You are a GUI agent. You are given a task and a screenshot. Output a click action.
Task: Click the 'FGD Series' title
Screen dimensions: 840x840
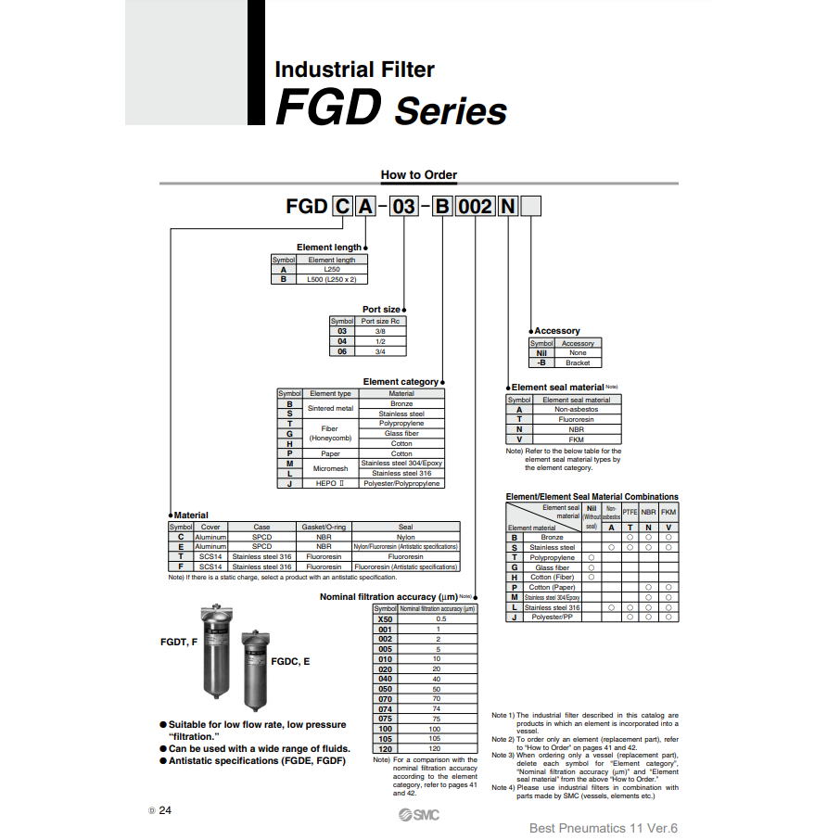coord(391,110)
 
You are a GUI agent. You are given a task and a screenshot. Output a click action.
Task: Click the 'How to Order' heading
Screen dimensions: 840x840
coord(419,174)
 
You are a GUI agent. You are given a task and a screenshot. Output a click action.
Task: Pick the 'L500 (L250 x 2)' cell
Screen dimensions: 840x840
coord(331,278)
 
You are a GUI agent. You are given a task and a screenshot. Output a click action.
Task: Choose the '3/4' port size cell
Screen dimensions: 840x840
coord(380,351)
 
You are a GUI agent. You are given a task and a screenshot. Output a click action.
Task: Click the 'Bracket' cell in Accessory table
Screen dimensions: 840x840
coord(578,363)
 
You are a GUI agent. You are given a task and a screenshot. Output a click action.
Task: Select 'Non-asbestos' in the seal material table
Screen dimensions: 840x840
coord(576,409)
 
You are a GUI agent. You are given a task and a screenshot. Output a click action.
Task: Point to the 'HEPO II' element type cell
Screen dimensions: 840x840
coord(330,483)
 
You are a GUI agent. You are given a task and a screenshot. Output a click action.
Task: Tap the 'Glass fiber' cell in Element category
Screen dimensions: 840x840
coord(401,433)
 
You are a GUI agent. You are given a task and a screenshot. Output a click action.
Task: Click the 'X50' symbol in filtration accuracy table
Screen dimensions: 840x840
coord(385,618)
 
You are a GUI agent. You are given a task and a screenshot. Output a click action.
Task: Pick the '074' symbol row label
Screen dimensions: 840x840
coord(385,709)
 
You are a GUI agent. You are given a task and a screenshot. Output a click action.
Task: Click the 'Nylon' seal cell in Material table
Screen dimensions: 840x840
coord(405,537)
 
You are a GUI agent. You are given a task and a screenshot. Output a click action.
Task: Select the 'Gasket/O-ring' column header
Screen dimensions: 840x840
coord(324,527)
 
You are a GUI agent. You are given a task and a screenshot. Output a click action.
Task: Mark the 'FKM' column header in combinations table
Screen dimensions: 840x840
coord(668,512)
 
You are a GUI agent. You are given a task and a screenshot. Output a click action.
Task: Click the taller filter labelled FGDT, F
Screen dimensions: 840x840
coord(218,654)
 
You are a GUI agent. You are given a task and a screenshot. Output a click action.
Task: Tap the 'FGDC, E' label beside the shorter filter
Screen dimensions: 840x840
coord(290,661)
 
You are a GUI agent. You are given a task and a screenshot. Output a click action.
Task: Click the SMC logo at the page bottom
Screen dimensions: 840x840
coord(419,815)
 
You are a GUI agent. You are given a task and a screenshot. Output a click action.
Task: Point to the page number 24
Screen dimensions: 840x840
coord(165,810)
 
